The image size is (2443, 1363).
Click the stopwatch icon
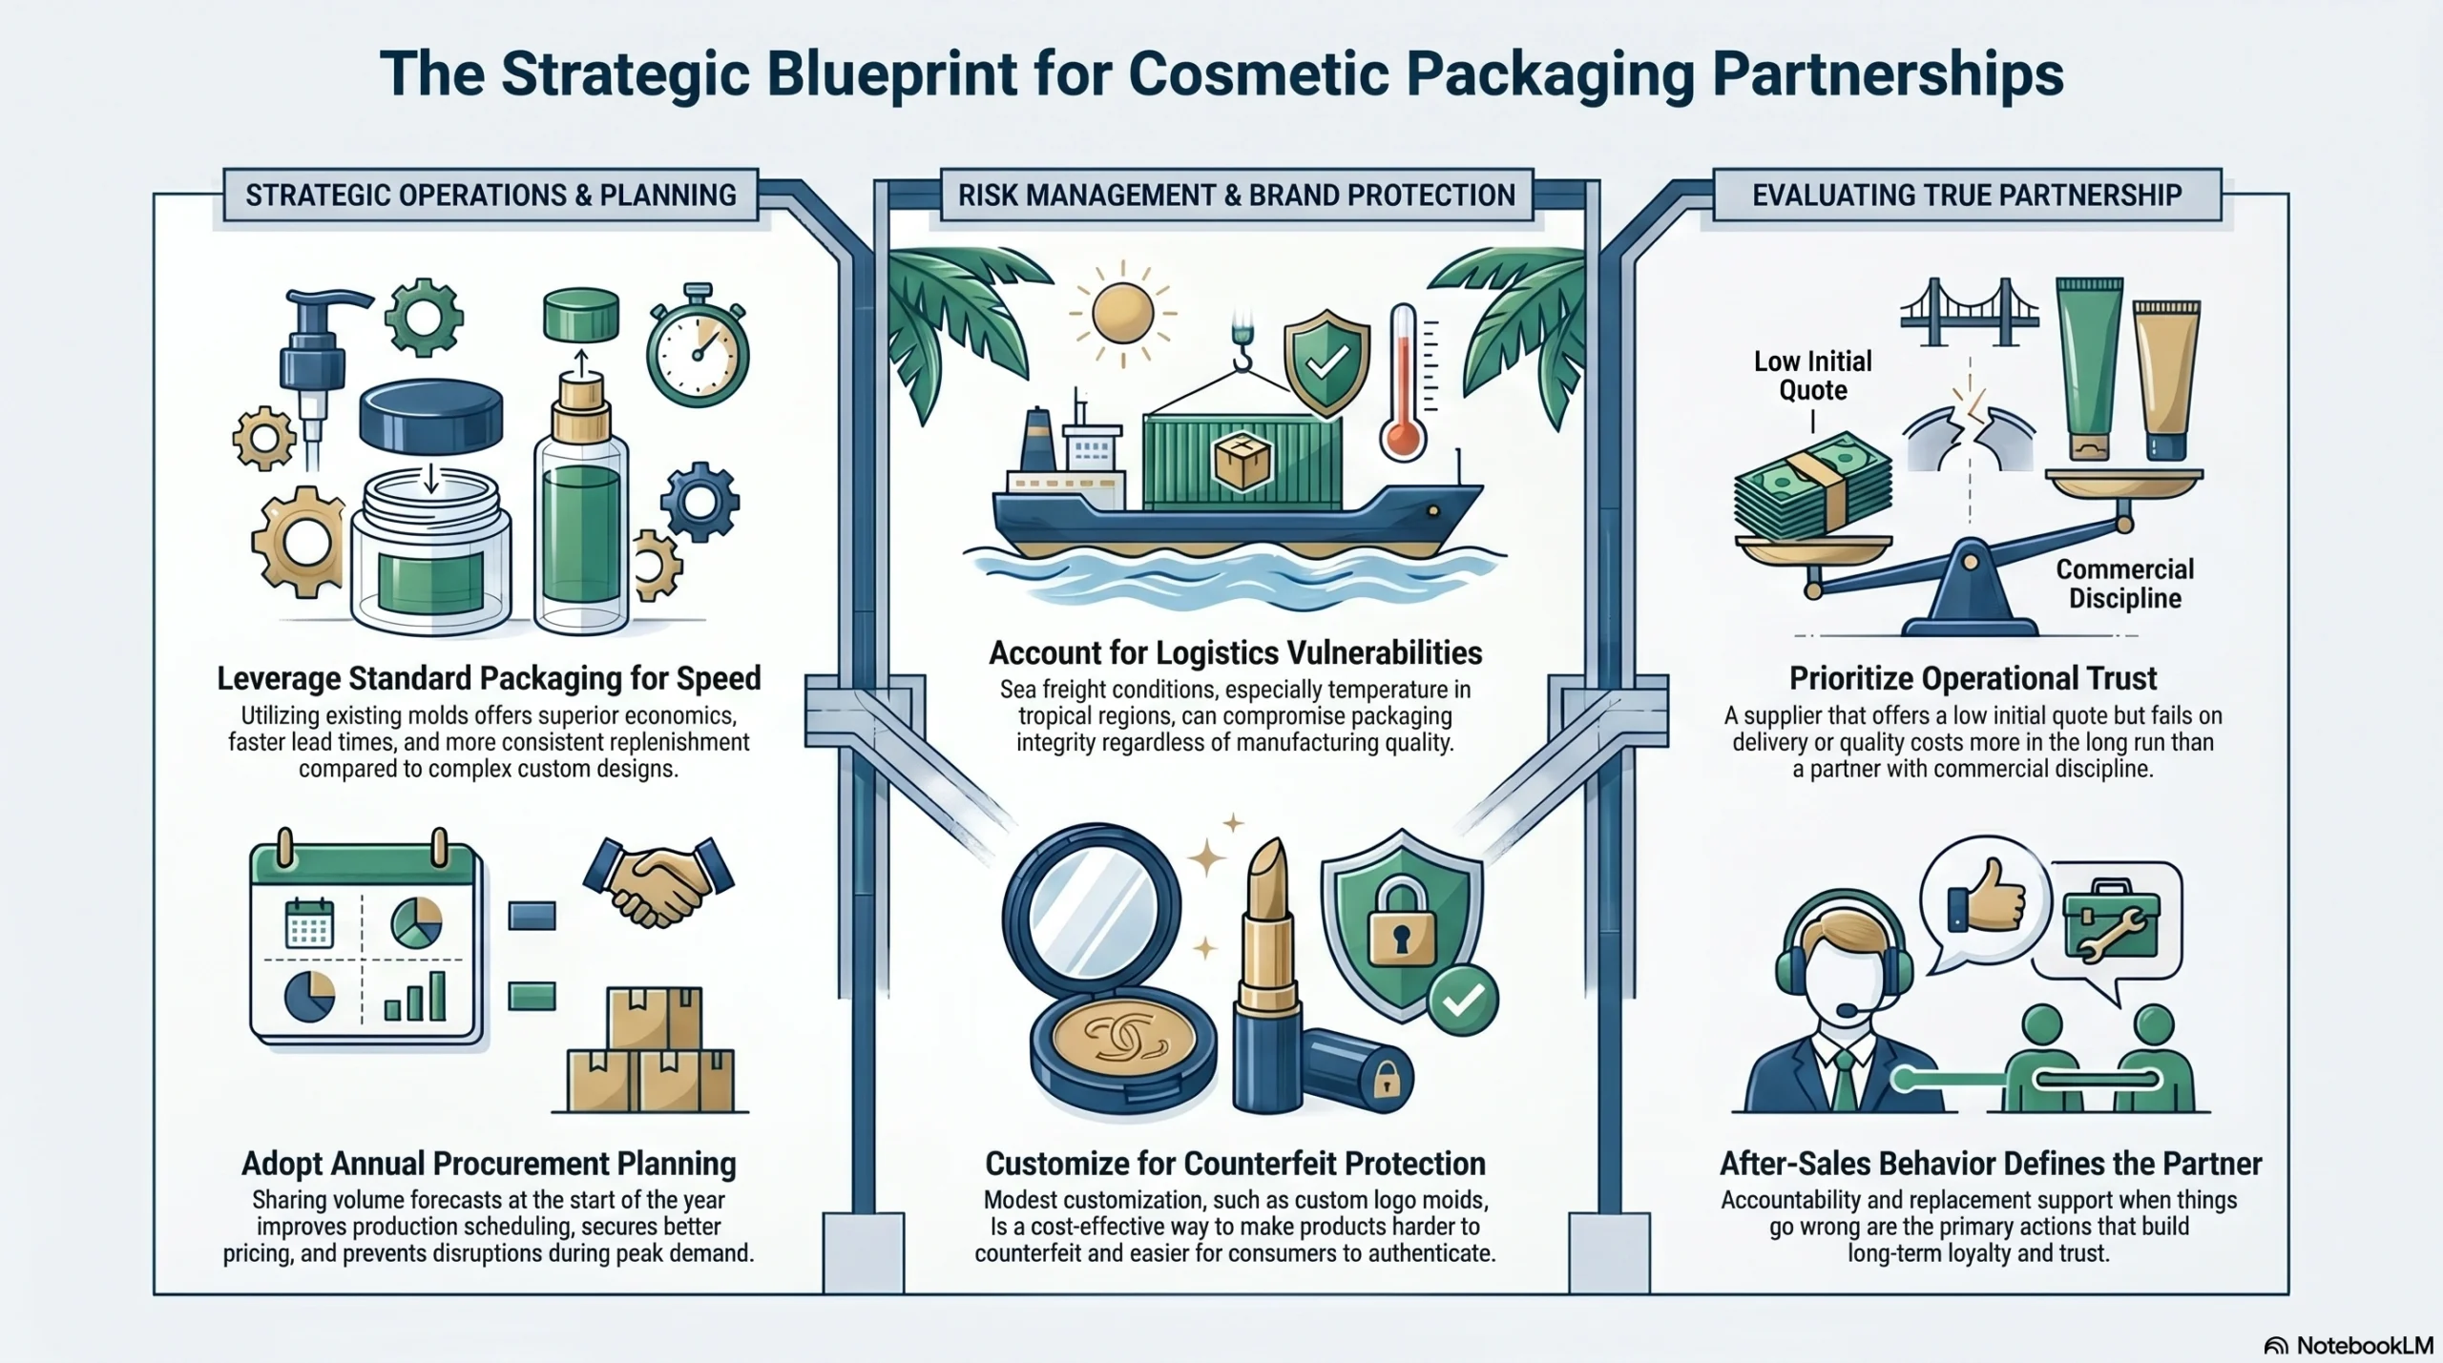[x=698, y=349]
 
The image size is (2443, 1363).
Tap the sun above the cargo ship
[x=1122, y=313]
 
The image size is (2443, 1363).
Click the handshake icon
[x=658, y=881]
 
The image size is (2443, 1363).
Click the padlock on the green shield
[x=1401, y=923]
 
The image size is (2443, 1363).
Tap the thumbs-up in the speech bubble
[x=1987, y=897]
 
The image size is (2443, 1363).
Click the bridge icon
[x=1969, y=313]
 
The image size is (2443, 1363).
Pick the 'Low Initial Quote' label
[x=1812, y=376]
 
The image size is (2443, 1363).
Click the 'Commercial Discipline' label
[x=2124, y=584]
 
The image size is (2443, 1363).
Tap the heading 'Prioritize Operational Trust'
[x=1972, y=678]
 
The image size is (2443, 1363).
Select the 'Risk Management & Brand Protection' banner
[x=1236, y=196]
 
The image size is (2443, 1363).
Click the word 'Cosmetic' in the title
[x=1258, y=73]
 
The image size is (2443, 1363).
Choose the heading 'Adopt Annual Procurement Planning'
[x=489, y=1164]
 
